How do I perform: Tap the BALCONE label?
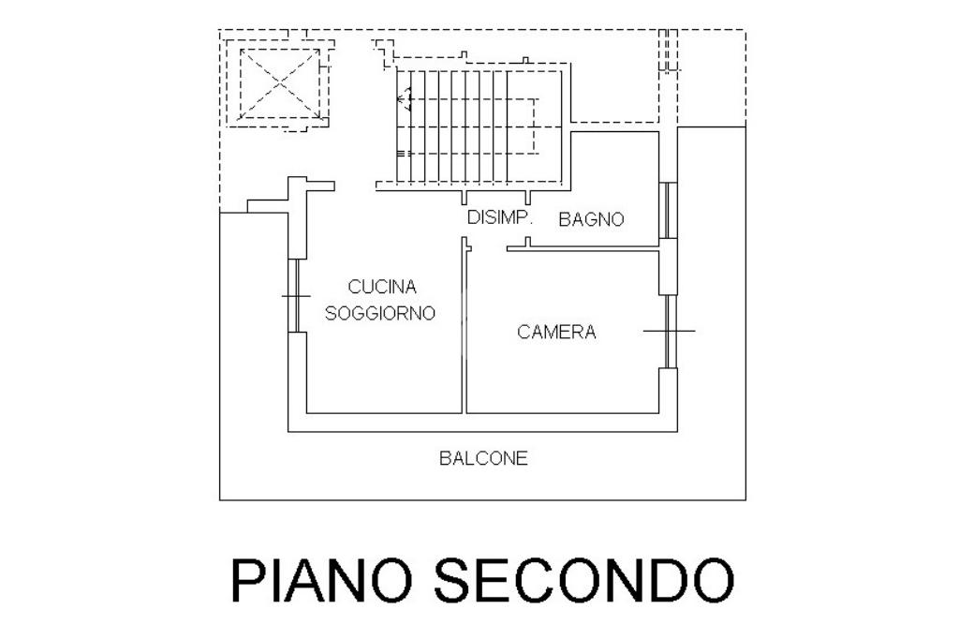(483, 458)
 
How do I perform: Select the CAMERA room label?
(556, 332)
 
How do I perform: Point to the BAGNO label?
(591, 220)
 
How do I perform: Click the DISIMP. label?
(499, 218)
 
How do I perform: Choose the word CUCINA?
(381, 287)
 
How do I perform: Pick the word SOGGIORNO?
(380, 314)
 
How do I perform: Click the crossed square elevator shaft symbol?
(280, 84)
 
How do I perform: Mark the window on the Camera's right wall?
(669, 331)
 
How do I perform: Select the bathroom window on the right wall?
(667, 210)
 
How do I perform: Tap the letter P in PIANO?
(246, 580)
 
